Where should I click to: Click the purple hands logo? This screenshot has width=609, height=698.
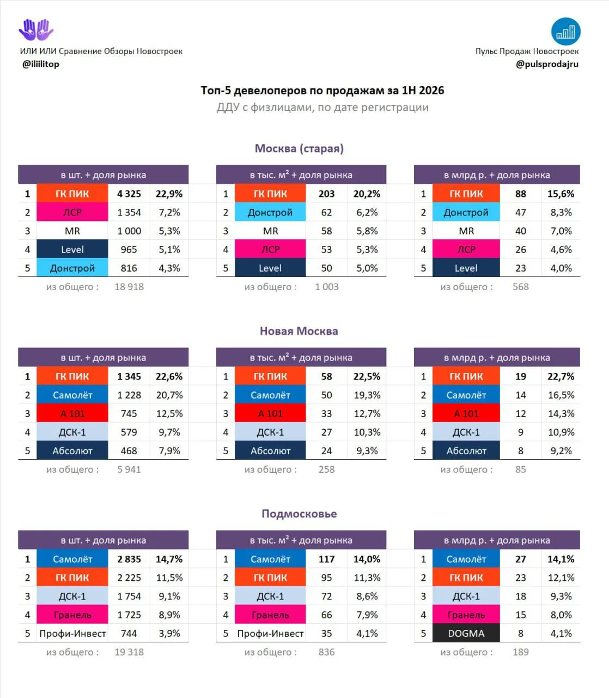point(36,30)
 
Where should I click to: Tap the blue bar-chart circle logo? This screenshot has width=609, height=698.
point(565,32)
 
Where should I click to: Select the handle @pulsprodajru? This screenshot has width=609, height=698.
point(547,64)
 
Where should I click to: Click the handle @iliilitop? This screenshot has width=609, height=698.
point(41,64)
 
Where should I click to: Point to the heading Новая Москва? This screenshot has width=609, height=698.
point(299,331)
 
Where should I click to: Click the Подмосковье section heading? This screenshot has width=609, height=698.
point(299,514)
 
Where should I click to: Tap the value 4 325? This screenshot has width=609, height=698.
point(129,194)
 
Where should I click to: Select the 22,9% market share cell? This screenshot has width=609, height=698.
point(169,194)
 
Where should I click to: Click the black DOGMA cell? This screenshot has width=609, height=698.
point(466,633)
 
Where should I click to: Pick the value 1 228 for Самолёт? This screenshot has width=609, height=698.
point(129,395)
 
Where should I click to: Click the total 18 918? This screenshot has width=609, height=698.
point(129,287)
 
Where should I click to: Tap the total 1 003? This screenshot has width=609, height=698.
point(327,287)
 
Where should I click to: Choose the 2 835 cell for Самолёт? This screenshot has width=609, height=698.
point(129,559)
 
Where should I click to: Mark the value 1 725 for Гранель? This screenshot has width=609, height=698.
point(129,615)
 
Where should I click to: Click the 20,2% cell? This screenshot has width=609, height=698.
point(367,194)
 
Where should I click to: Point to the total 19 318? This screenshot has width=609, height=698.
point(129,652)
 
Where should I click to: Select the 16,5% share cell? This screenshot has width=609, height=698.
point(561,395)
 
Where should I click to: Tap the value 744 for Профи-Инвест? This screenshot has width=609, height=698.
point(129,633)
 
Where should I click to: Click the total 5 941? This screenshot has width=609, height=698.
point(129,470)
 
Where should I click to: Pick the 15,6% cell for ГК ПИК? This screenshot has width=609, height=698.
point(561,194)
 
